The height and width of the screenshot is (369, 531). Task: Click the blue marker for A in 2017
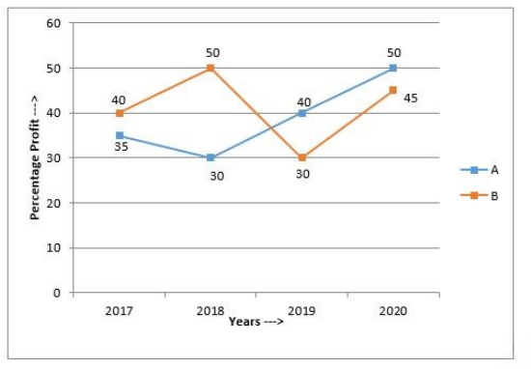click(x=120, y=135)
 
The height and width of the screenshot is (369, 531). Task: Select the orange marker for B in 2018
click(x=210, y=69)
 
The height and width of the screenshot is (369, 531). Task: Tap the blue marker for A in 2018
click(x=210, y=157)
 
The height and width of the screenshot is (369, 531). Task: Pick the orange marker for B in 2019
click(x=302, y=157)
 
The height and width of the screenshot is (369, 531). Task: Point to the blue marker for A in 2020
click(x=393, y=69)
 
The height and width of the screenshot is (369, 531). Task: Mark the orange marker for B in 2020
click(x=393, y=90)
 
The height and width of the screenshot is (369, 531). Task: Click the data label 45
click(x=410, y=99)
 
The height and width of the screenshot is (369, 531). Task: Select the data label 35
click(x=121, y=147)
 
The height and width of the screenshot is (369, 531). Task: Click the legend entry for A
click(x=480, y=170)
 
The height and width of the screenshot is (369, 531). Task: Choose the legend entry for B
click(x=480, y=195)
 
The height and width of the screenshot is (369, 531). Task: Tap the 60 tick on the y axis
click(x=53, y=23)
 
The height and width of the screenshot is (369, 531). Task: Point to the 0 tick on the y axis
click(x=57, y=293)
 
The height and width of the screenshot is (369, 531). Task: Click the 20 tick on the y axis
click(x=53, y=203)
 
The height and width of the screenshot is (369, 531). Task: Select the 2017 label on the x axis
click(x=119, y=310)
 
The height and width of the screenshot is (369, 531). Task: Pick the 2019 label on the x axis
click(x=301, y=310)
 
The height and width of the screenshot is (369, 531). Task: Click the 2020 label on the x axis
click(x=393, y=310)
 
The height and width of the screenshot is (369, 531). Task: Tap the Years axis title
click(x=256, y=322)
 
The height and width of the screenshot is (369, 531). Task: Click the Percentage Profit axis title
click(x=35, y=157)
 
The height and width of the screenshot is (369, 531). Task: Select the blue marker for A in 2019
click(x=302, y=113)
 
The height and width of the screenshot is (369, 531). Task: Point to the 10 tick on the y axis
click(x=53, y=247)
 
